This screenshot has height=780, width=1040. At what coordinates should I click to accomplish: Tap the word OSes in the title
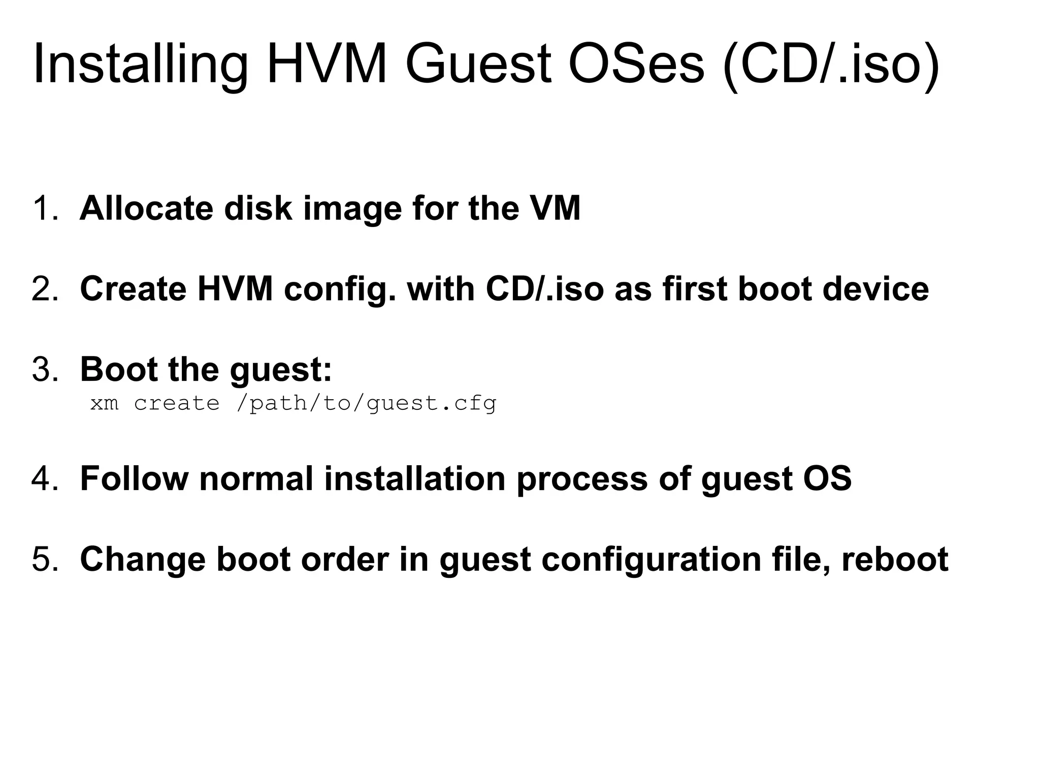coord(636,65)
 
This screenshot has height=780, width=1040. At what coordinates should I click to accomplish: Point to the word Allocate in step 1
coord(146,209)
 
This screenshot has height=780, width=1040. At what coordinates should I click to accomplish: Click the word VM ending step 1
coord(555,209)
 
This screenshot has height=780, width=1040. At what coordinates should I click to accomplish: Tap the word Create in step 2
coord(133,289)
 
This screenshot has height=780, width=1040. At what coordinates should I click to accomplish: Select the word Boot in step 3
coord(118,369)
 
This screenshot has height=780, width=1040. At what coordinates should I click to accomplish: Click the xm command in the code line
coord(104,404)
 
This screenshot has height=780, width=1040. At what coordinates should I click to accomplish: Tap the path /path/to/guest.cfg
coord(366,404)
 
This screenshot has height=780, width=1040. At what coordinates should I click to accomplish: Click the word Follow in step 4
coord(134,478)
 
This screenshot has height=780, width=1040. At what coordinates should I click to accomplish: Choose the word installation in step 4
coord(414,478)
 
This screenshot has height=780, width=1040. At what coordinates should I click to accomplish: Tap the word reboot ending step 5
coord(895,559)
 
